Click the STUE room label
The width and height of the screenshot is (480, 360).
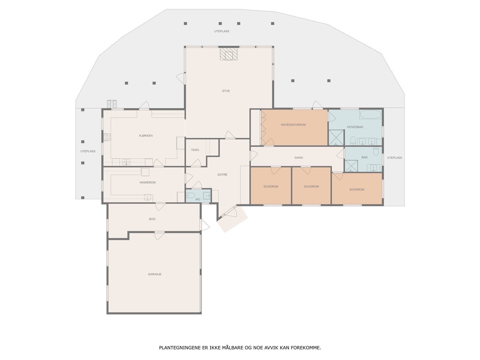click(x=226, y=91)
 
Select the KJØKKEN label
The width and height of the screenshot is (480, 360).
click(x=146, y=136)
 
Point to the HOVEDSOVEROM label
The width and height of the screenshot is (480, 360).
click(x=293, y=125)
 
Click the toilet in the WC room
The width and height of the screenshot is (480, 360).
click(x=190, y=196)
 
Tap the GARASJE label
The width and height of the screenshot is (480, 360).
click(x=154, y=274)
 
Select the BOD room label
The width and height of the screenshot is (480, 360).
click(x=152, y=219)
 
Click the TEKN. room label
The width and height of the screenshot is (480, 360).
click(x=195, y=150)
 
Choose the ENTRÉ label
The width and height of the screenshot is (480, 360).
click(x=222, y=175)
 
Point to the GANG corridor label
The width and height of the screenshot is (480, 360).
click(x=298, y=157)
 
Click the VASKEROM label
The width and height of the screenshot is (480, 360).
click(x=147, y=182)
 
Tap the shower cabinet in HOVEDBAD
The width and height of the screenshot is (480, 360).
click(x=336, y=138)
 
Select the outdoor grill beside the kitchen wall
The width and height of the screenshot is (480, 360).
click(x=112, y=104)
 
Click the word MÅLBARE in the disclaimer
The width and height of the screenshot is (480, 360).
click(x=233, y=348)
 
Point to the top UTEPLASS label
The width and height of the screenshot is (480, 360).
click(x=222, y=31)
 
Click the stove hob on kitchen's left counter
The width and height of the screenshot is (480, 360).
click(x=107, y=137)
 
